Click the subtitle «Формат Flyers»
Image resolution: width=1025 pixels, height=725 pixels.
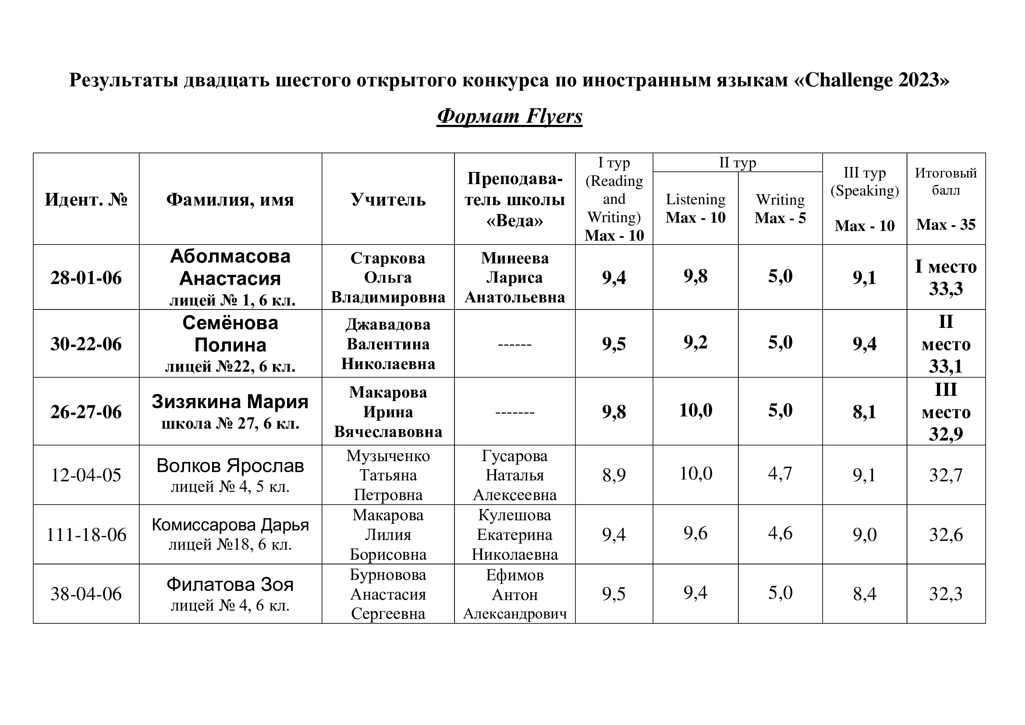(509, 116)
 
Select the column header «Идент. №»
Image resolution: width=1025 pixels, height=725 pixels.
(86, 199)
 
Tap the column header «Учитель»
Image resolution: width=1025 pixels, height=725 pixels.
(387, 199)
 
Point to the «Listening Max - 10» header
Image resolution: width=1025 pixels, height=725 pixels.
(695, 208)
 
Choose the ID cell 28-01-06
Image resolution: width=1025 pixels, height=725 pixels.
(86, 277)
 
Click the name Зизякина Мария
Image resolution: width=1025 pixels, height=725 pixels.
(230, 402)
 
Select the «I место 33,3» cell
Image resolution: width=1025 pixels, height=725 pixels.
(946, 277)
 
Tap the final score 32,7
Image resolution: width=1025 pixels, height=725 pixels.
(946, 475)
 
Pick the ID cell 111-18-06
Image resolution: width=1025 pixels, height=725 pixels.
(86, 534)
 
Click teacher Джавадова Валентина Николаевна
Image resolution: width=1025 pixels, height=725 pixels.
(387, 344)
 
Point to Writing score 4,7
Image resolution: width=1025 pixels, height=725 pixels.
(780, 473)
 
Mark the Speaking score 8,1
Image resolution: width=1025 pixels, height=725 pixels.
(864, 412)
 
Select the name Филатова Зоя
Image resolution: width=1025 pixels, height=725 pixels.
(230, 585)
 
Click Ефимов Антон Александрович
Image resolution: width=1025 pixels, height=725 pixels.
(514, 594)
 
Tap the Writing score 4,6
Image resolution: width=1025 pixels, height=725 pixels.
(780, 533)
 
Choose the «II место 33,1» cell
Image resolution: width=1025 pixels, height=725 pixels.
(946, 344)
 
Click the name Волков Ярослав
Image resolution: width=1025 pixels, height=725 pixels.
(230, 466)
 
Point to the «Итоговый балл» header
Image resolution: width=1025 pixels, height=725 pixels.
(946, 181)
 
